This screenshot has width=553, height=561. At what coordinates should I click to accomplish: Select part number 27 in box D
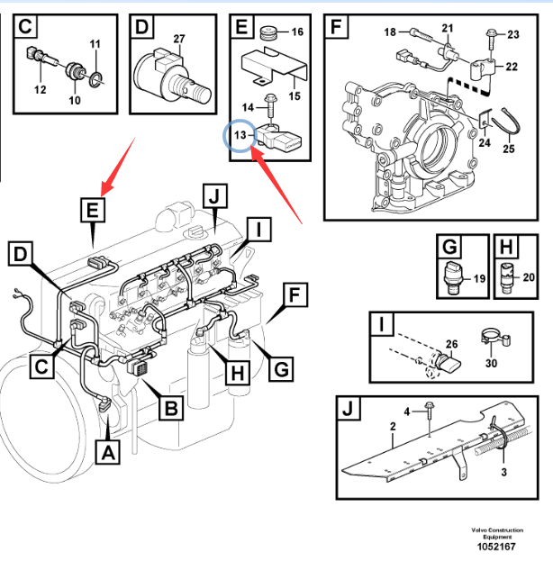click(178, 39)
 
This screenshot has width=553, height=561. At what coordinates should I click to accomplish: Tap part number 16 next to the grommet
click(297, 32)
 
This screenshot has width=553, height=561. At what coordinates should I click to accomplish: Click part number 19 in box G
click(479, 278)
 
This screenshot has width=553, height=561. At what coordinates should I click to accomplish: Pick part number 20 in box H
click(529, 277)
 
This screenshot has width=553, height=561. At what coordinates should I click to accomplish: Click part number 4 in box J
click(407, 412)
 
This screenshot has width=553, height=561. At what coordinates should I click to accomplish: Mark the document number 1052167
click(495, 547)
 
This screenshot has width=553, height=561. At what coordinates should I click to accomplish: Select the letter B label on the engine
click(171, 409)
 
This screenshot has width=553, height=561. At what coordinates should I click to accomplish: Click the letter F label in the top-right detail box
click(336, 27)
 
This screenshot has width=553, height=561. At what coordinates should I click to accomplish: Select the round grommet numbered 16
click(267, 34)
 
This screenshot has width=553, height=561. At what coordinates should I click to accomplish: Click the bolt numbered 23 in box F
click(491, 34)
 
